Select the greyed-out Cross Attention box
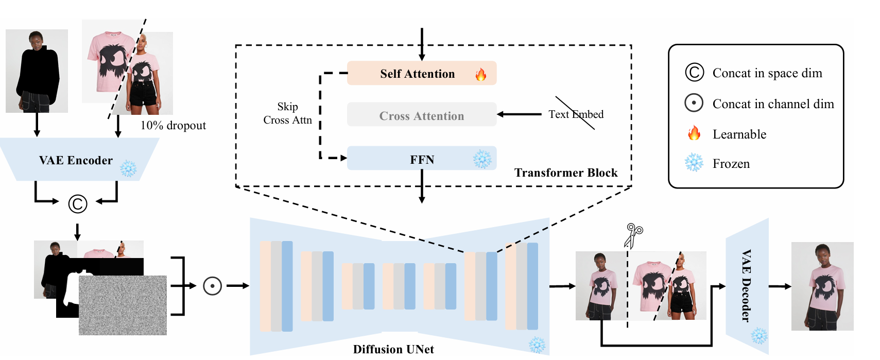[421, 115]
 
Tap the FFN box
[421, 159]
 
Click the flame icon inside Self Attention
[481, 75]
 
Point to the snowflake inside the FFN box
[482, 159]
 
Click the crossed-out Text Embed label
[576, 114]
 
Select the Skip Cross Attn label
[287, 113]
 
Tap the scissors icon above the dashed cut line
[633, 235]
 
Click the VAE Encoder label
[76, 160]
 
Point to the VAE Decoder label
[746, 286]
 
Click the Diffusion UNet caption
[393, 349]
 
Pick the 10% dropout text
[173, 126]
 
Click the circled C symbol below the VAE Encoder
[78, 204]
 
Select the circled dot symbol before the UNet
[212, 286]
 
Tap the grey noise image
[123, 305]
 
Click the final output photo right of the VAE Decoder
[822, 286]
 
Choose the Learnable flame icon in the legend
[694, 133]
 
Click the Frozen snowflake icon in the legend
[694, 163]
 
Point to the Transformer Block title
[565, 173]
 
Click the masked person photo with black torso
[37, 71]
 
